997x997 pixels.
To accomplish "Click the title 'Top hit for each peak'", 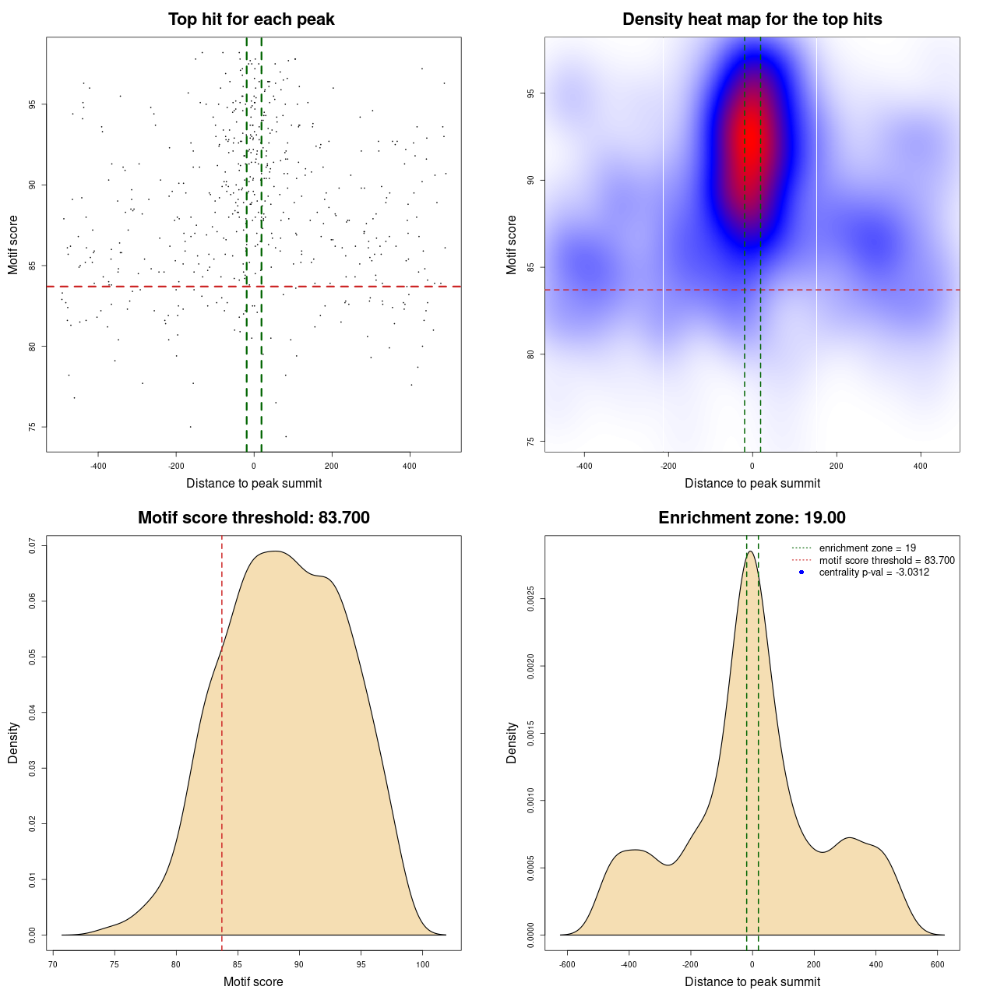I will (251, 19).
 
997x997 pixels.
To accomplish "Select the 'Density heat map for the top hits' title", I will (752, 19).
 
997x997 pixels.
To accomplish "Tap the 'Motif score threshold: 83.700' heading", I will (253, 518).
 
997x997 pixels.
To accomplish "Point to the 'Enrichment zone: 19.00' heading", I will (752, 518).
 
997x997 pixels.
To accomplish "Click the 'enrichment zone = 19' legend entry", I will (867, 548).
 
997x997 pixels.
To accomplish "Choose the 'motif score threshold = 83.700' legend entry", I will (886, 561).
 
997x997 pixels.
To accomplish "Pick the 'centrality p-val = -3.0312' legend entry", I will (874, 572).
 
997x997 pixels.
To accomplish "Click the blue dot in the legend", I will (801, 572).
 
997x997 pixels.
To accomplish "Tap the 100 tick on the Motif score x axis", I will (422, 964).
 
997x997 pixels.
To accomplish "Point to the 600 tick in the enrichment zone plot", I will (938, 964).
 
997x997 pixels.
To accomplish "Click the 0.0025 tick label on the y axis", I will (531, 599).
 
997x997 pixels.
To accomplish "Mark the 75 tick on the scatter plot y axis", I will (33, 427).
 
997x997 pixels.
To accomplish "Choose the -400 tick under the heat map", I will (584, 466).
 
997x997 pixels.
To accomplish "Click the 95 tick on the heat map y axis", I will (531, 93).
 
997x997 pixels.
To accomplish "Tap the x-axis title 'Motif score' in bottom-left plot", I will (253, 982).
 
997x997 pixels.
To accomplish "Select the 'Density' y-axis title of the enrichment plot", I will (512, 742).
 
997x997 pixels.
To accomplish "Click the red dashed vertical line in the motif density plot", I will (222, 740).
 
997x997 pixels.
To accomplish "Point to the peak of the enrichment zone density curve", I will (750, 551).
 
